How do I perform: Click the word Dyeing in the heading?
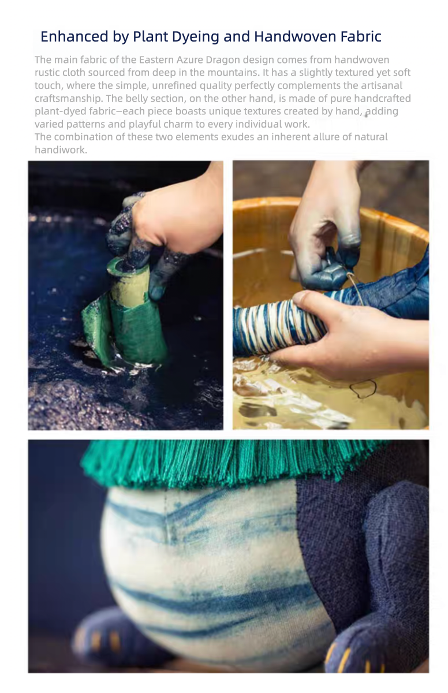click(195, 37)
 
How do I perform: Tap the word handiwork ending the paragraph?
click(61, 150)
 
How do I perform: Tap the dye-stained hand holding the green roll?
click(167, 229)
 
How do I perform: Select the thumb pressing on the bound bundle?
click(311, 299)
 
